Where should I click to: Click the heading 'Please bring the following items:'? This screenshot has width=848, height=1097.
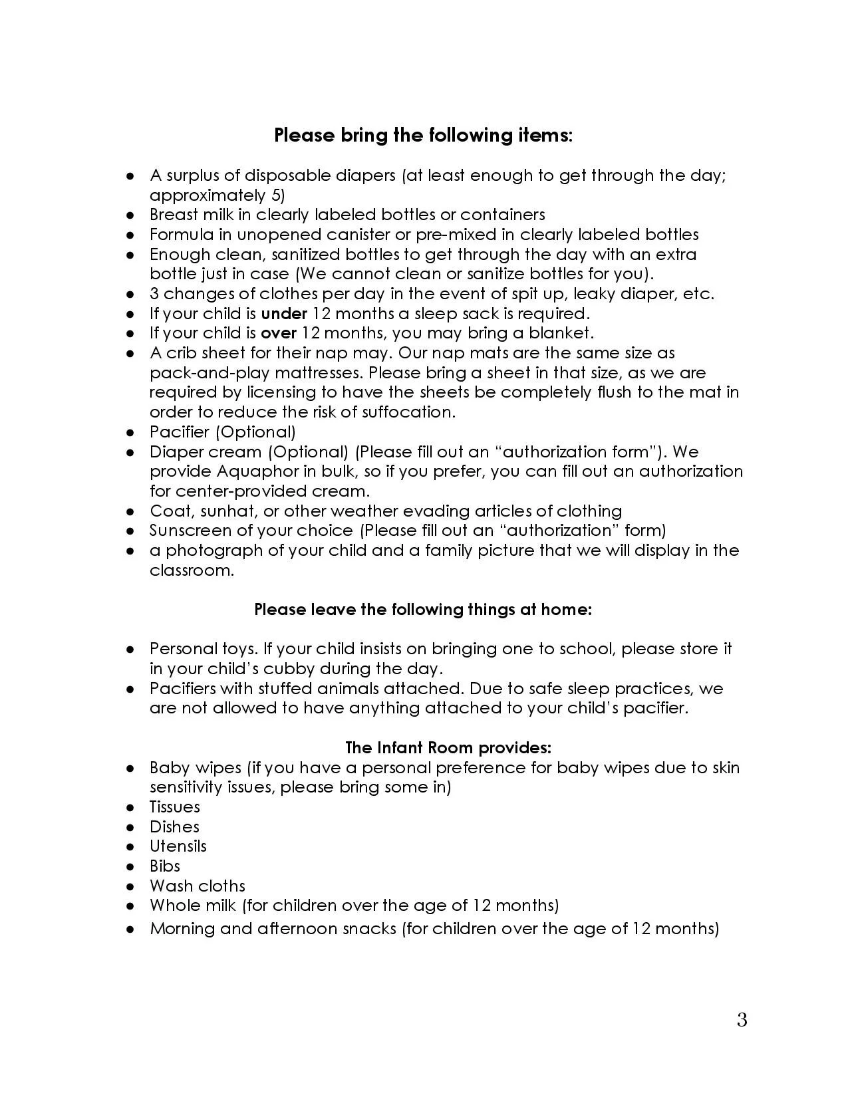point(423,136)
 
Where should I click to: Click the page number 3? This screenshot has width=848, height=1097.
point(742,1020)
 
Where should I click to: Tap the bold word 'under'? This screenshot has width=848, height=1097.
point(284,313)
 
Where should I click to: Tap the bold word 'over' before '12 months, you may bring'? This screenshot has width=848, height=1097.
point(278,333)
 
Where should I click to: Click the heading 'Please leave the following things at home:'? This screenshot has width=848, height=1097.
point(423,610)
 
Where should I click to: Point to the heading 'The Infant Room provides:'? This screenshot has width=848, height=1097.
point(448,748)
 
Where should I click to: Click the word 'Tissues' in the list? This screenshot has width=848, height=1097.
point(174,807)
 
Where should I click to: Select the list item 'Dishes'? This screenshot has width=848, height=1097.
point(174,827)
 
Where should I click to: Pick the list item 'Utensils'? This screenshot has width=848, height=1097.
point(178,846)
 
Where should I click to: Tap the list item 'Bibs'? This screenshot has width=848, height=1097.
point(165,866)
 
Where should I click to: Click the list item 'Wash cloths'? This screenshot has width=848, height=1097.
point(197,886)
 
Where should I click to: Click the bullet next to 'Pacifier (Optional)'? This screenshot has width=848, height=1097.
point(131,433)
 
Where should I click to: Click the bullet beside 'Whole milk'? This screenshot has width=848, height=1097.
point(131,906)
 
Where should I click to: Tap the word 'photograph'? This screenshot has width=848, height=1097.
point(210,551)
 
